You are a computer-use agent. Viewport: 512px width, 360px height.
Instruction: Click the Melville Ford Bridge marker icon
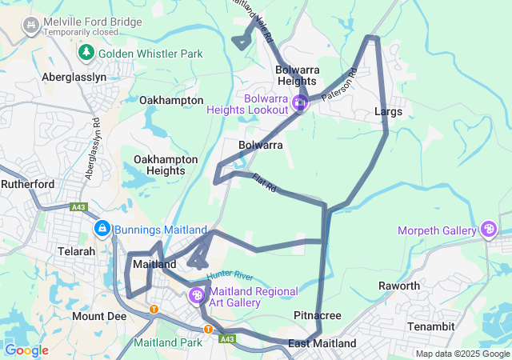coord(30,26)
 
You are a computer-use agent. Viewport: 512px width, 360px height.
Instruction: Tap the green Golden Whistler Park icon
coord(86,53)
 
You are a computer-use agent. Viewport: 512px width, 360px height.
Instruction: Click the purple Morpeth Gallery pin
coord(488,230)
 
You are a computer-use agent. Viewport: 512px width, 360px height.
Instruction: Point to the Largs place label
coord(388,112)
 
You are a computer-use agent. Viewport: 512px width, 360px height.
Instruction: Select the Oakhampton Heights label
coord(166,165)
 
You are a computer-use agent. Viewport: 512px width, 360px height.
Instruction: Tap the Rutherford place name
coord(27,184)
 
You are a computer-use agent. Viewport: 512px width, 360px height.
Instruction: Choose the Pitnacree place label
coord(317,316)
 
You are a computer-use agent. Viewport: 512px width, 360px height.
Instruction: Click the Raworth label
coord(399,286)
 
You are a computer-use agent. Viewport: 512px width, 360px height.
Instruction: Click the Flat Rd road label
coord(264,183)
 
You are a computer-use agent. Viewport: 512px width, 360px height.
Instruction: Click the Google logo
coord(26,350)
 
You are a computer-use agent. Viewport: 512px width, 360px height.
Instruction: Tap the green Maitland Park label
coord(168,343)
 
